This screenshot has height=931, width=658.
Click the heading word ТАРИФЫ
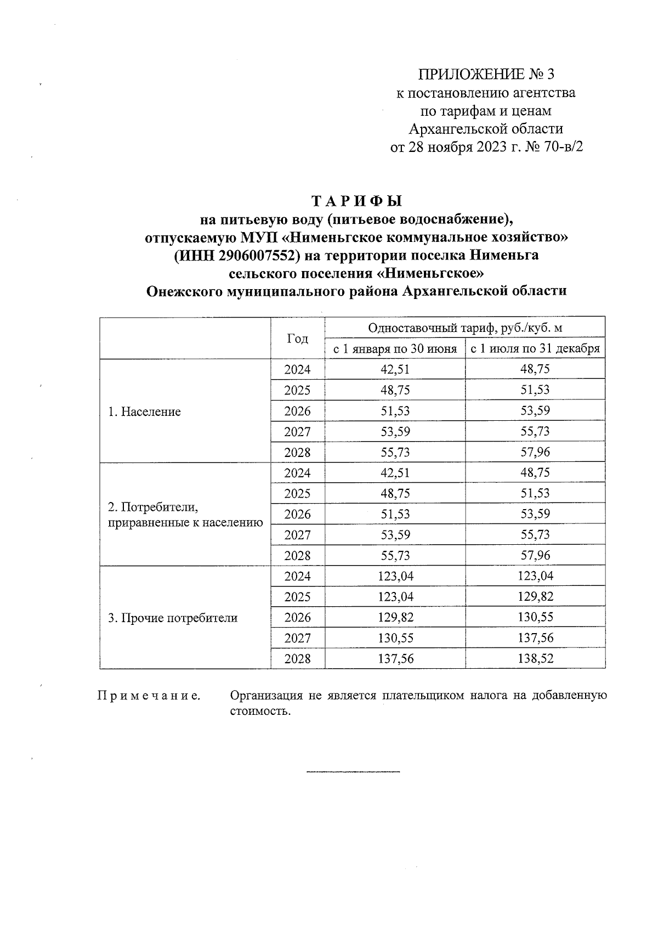(x=356, y=200)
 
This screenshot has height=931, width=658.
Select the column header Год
(x=298, y=338)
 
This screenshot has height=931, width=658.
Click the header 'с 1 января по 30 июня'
(x=395, y=349)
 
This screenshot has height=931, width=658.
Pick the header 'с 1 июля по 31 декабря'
(x=535, y=349)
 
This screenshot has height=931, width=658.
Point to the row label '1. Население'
(x=144, y=411)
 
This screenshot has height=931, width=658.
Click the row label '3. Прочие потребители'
(x=173, y=618)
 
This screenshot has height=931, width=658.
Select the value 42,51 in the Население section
(x=395, y=370)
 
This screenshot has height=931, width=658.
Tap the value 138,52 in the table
(x=535, y=659)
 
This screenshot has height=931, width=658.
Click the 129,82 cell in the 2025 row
(x=535, y=597)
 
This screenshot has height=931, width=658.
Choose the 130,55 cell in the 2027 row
(x=395, y=638)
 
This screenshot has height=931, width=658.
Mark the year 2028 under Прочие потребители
(x=298, y=659)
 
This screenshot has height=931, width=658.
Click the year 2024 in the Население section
(x=298, y=370)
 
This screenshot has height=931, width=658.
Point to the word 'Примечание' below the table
(x=149, y=696)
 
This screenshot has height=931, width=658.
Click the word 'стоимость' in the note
(x=257, y=712)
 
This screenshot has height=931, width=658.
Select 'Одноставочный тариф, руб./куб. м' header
(x=465, y=328)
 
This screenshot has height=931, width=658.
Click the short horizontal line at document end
(x=353, y=772)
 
